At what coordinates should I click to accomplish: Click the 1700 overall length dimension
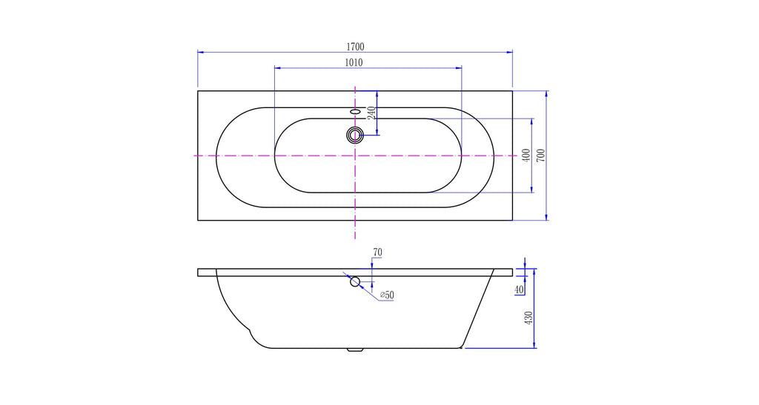tap(355, 47)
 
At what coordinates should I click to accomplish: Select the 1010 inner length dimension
tap(354, 62)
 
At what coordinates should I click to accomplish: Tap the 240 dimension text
tap(371, 113)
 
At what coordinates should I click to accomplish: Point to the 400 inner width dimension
tap(527, 155)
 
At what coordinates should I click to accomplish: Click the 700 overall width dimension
tap(540, 155)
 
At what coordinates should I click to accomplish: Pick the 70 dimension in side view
tap(377, 252)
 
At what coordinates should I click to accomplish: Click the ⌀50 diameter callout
tap(387, 295)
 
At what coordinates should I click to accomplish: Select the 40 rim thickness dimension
tap(520, 289)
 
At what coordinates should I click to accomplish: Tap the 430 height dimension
tap(528, 318)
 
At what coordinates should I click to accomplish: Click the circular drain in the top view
tap(355, 135)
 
